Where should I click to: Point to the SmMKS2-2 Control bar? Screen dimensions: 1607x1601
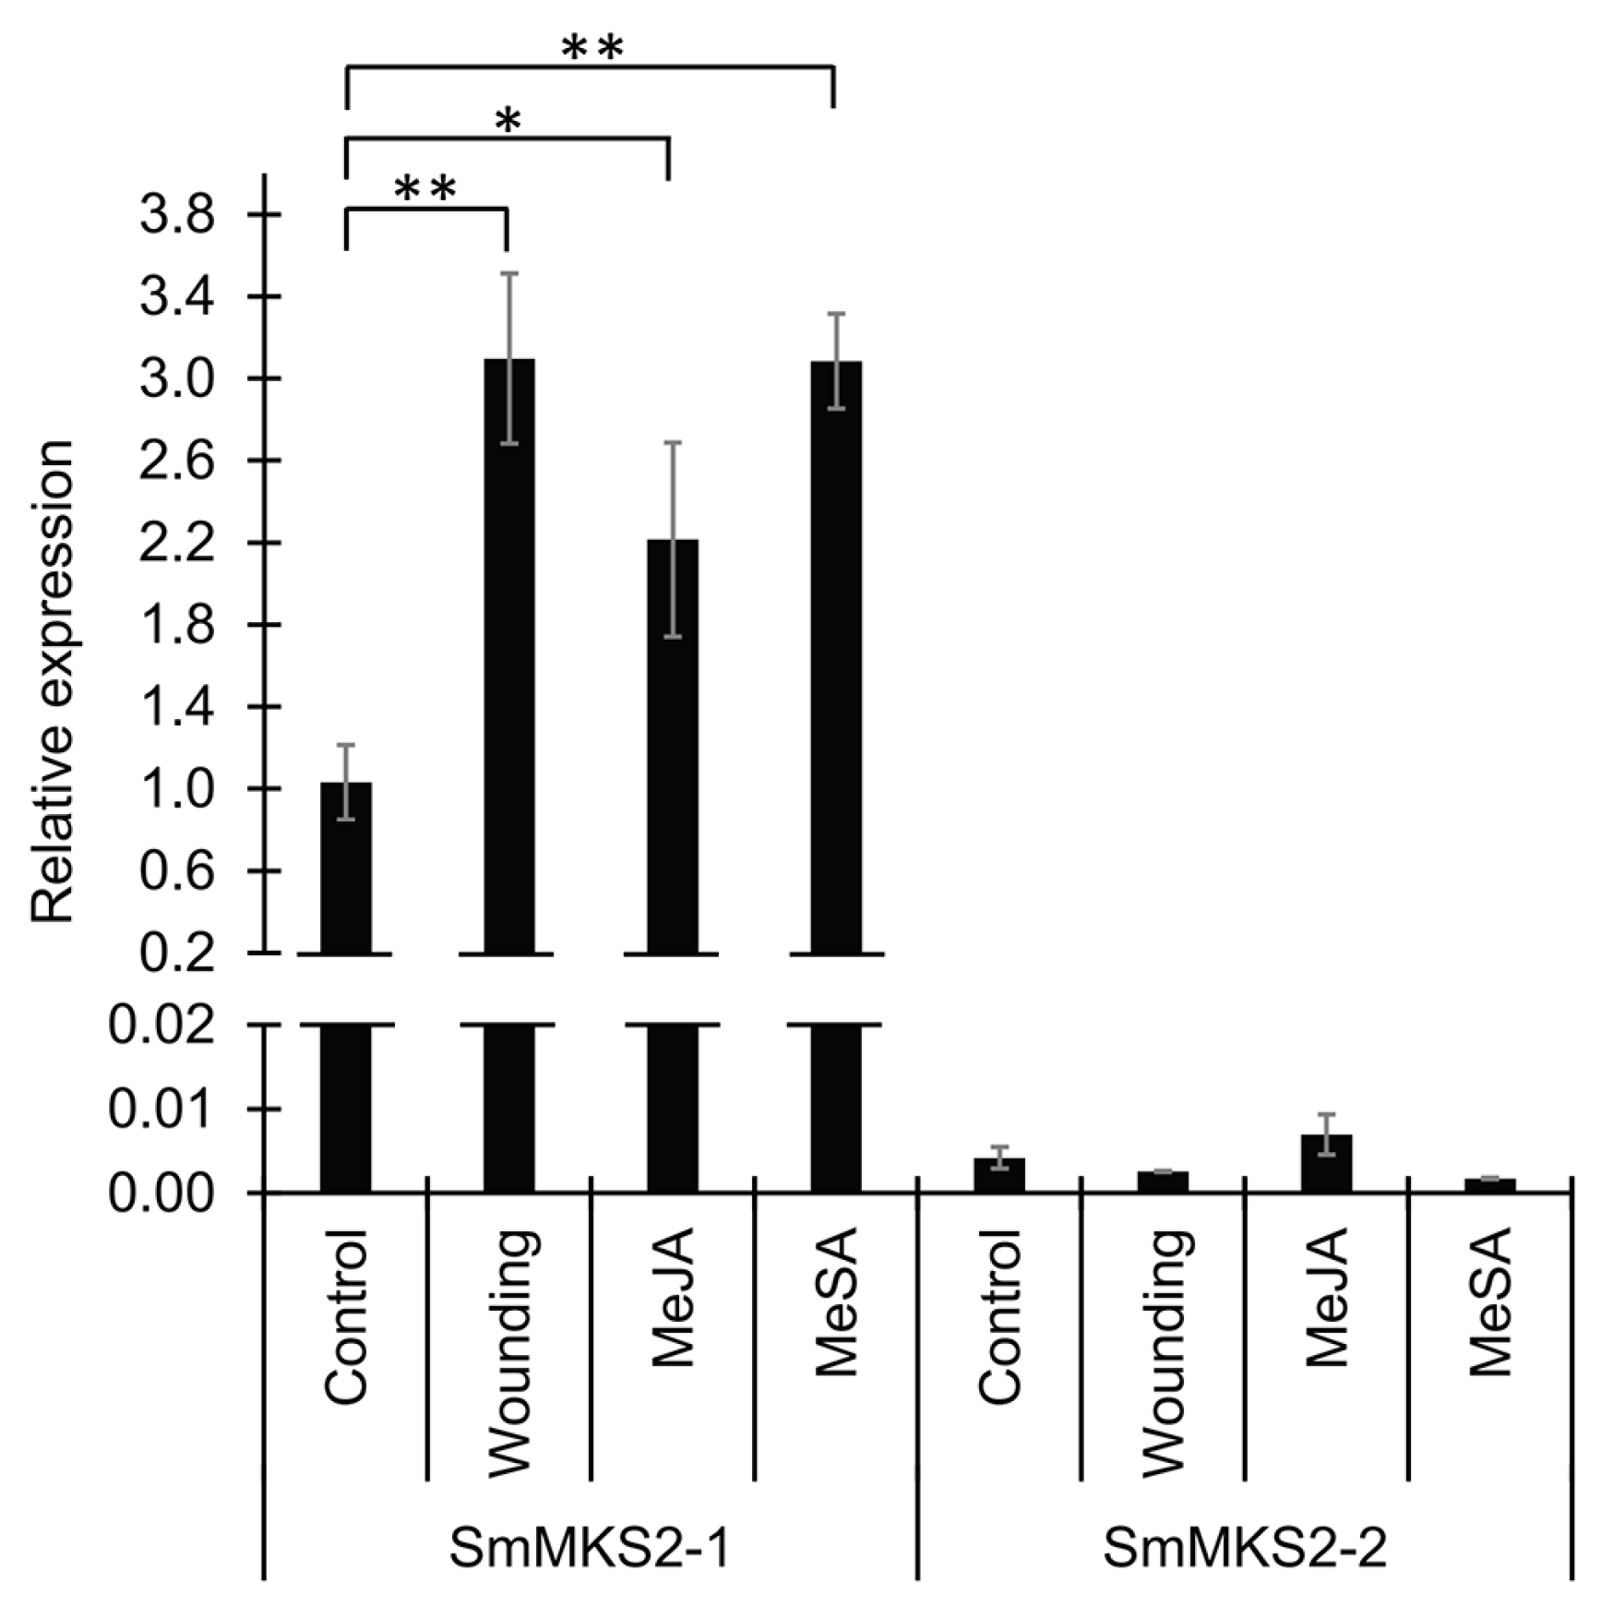(x=999, y=1175)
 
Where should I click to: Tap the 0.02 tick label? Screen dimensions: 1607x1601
(x=162, y=1025)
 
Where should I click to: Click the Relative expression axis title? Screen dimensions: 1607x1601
(x=53, y=681)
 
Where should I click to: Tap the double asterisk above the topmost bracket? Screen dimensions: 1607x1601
(x=592, y=49)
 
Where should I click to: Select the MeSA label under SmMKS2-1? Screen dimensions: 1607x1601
(x=836, y=1301)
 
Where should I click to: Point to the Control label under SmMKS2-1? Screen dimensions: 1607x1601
(x=347, y=1316)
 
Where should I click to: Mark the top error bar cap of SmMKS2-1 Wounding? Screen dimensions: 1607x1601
(x=508, y=273)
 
